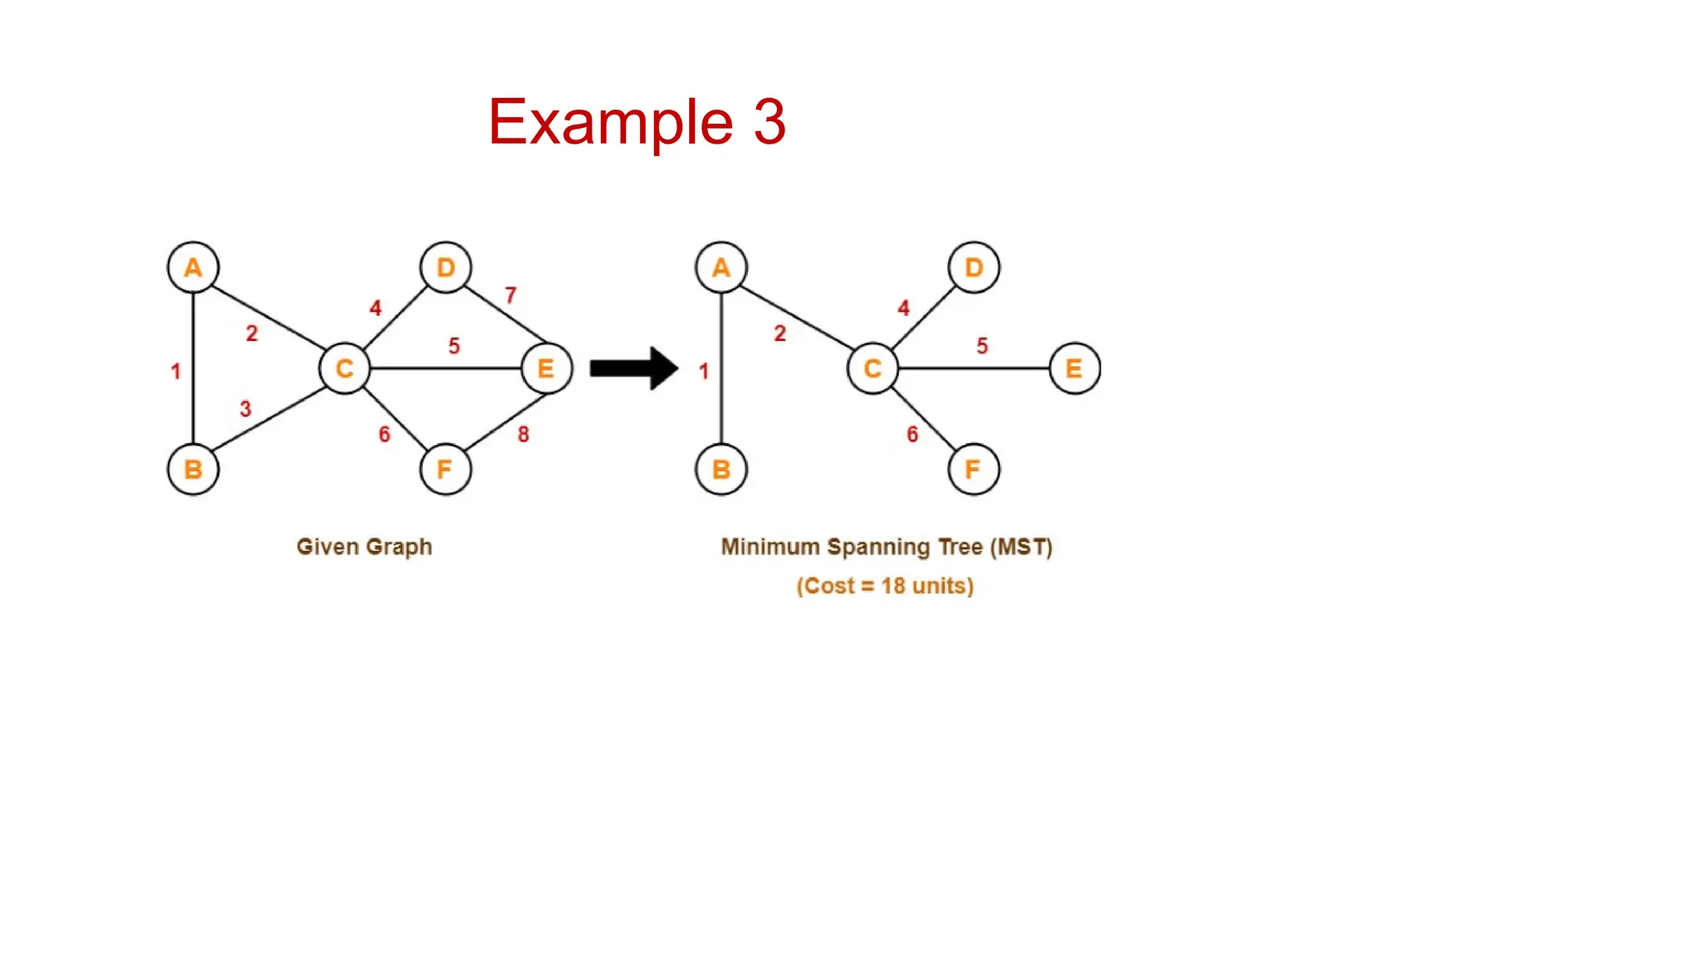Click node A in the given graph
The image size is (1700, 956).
[x=193, y=268]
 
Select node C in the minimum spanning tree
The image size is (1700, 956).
[x=872, y=368]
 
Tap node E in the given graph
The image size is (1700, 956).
[x=546, y=368]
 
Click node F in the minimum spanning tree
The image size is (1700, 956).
[x=973, y=470]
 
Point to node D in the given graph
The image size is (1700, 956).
[x=446, y=268]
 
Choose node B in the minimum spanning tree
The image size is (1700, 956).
[x=721, y=470]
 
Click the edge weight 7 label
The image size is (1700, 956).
[x=510, y=295]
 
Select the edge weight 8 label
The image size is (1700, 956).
[x=523, y=435]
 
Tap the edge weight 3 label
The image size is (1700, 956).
[x=245, y=409]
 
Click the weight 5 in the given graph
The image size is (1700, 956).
[x=454, y=346]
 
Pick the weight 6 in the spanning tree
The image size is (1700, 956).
[x=912, y=435]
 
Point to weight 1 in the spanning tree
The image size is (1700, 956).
[x=704, y=371]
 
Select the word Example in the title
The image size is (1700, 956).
[x=610, y=123]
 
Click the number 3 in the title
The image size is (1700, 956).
[x=769, y=123]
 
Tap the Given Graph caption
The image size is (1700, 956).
[x=364, y=547]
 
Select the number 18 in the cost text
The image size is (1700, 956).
[x=892, y=586]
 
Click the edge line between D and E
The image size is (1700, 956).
[x=505, y=315]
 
